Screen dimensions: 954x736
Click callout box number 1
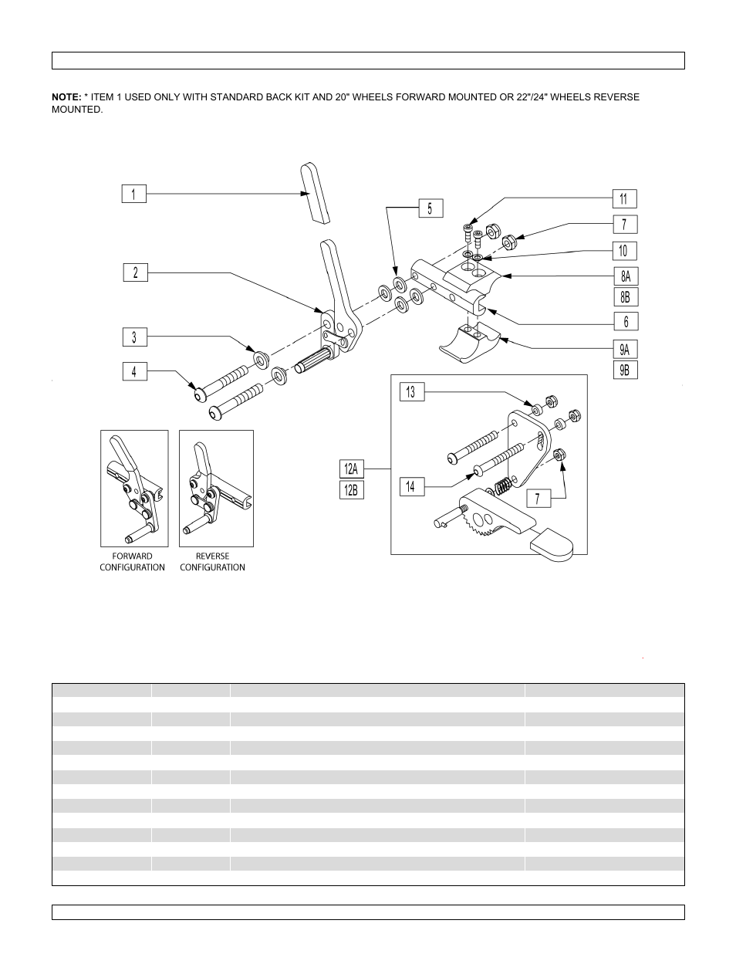coord(133,194)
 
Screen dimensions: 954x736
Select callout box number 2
coord(135,272)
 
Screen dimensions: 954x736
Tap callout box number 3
coord(133,337)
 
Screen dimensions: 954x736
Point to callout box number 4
coord(133,372)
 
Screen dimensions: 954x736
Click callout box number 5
coord(430,208)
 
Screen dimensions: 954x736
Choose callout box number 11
coord(625,198)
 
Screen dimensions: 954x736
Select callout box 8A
coord(626,276)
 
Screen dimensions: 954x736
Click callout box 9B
coord(626,370)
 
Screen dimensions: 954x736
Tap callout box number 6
coord(626,321)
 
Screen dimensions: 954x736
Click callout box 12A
coord(352,469)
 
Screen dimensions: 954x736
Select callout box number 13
coord(411,392)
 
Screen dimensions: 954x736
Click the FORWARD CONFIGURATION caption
coord(132,561)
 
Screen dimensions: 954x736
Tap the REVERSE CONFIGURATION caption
coord(212,561)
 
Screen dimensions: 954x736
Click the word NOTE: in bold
coord(66,97)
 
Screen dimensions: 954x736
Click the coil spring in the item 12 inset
coord(501,488)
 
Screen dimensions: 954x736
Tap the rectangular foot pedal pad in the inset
coord(552,544)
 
